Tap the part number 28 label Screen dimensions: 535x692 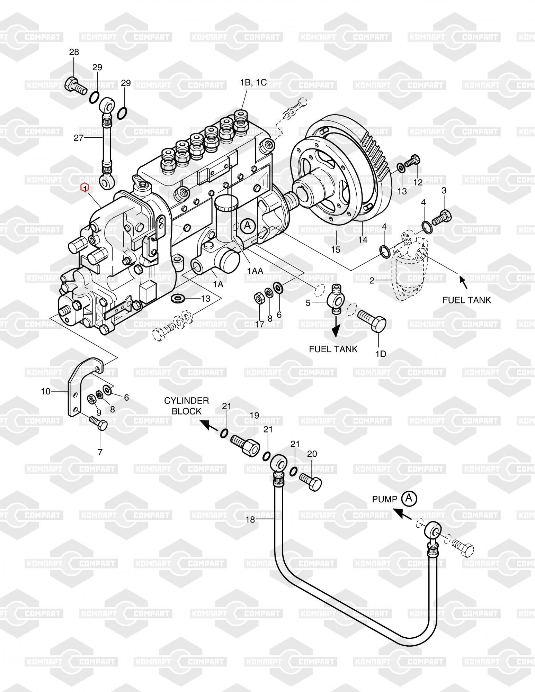(x=74, y=52)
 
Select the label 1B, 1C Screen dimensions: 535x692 (x=253, y=82)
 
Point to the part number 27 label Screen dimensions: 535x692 (x=79, y=138)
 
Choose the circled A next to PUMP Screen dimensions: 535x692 (x=409, y=498)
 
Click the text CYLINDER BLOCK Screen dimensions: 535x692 (x=187, y=406)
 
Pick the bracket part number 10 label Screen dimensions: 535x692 (x=46, y=391)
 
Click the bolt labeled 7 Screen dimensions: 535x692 (x=99, y=423)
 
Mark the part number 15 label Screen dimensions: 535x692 (x=336, y=249)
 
